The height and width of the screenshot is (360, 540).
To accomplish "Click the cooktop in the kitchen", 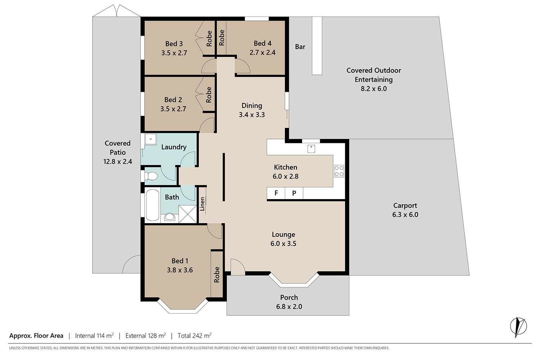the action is click(x=339, y=171).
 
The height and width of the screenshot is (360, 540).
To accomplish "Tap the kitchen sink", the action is click(x=311, y=149).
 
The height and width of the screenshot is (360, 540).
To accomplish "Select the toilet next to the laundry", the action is click(x=150, y=176).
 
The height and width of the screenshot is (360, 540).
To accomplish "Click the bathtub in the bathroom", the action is click(x=152, y=205).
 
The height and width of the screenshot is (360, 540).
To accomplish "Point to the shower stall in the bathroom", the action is click(x=188, y=214).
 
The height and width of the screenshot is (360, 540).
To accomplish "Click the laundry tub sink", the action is click(x=150, y=139).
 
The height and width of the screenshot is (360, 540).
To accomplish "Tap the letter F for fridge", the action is click(x=276, y=193).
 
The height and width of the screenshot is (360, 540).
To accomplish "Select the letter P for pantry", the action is click(x=294, y=193).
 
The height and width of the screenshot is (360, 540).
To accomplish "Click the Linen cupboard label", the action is click(x=202, y=204).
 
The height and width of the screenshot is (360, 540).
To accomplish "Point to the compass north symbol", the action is click(x=518, y=327).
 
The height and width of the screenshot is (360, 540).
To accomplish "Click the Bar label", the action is click(x=300, y=47).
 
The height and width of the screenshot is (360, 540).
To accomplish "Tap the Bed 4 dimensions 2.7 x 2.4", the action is click(x=262, y=53).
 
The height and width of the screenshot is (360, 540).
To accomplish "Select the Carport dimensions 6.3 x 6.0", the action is click(x=405, y=215).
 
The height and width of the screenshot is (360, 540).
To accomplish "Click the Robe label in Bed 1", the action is click(x=217, y=274).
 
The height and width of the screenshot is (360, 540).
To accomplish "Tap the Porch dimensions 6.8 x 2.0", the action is click(x=289, y=306).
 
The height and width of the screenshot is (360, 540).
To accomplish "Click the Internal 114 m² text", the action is click(x=94, y=336).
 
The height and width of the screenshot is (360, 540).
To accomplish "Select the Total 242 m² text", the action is click(x=194, y=336).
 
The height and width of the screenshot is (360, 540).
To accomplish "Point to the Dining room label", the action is click(x=252, y=105).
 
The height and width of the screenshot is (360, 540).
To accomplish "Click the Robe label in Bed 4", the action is click(x=222, y=37).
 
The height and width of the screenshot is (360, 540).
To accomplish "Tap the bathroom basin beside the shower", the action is click(x=170, y=217).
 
